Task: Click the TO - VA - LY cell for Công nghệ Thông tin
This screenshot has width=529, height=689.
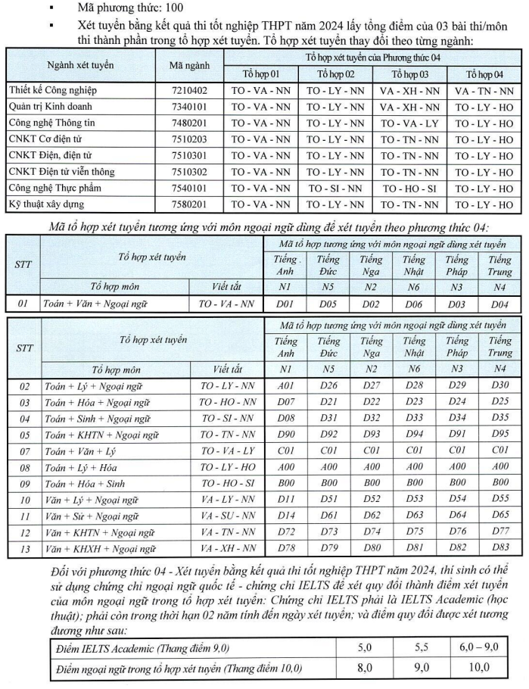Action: (409, 123)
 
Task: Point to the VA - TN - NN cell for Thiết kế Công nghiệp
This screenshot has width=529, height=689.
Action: (484, 90)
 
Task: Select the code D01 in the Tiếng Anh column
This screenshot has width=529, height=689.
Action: (285, 304)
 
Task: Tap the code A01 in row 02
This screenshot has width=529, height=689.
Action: (285, 387)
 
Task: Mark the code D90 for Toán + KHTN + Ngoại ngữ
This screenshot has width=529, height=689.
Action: (285, 435)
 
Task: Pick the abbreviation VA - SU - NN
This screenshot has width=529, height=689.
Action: (227, 516)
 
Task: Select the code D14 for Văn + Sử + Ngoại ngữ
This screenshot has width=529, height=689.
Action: (285, 516)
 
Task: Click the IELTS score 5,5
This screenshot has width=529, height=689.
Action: (421, 649)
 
